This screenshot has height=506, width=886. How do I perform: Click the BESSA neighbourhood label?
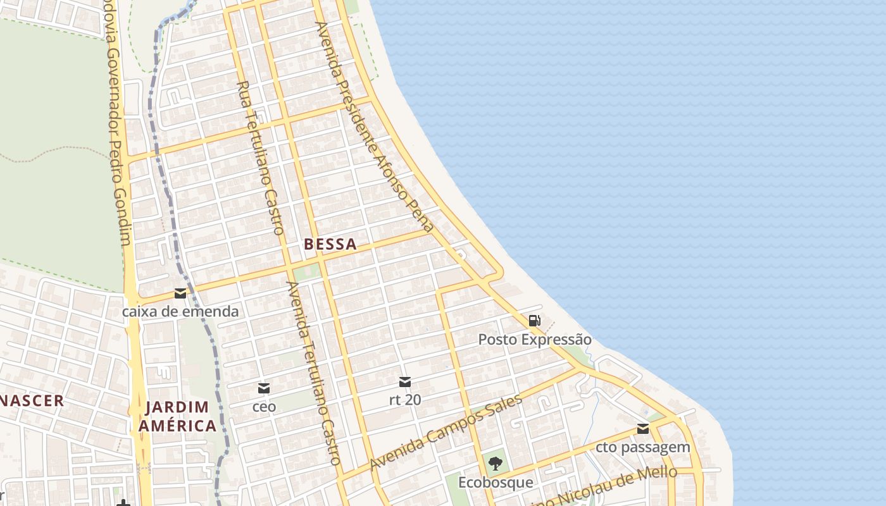click(330, 244)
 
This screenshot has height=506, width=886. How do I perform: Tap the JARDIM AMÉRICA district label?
click(177, 416)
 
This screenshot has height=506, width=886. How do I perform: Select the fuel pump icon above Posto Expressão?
click(534, 321)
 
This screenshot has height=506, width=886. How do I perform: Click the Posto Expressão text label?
click(535, 340)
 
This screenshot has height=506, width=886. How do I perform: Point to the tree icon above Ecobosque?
click(496, 464)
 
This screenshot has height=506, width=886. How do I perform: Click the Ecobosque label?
click(496, 483)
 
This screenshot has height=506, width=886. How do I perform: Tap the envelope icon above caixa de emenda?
click(180, 293)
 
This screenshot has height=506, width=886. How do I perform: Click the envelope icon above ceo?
click(264, 388)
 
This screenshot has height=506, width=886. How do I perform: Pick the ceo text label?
click(264, 407)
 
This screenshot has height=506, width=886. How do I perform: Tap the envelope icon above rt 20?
click(405, 382)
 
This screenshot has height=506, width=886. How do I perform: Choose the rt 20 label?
click(405, 400)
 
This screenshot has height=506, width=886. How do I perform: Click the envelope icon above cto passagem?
click(643, 429)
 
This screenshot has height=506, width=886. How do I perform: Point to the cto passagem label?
click(643, 447)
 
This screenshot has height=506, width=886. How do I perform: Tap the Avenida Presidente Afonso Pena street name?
click(375, 126)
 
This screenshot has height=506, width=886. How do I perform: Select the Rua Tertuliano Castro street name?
click(259, 158)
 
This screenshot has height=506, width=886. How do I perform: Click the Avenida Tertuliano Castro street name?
click(315, 373)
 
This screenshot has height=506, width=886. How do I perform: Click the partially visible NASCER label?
click(32, 400)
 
